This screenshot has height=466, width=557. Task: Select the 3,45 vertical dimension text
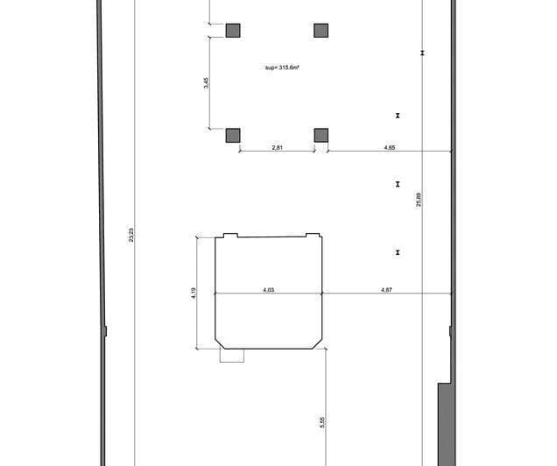[205, 83]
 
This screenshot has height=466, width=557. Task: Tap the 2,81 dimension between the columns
[277, 148]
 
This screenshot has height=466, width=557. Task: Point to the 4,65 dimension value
[390, 148]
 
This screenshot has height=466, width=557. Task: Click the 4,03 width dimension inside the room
[269, 289]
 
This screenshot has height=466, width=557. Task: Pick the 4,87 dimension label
[386, 289]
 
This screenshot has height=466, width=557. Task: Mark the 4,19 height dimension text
[194, 292]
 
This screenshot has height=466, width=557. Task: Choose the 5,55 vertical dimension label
[322, 422]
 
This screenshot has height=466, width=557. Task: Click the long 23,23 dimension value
[131, 235]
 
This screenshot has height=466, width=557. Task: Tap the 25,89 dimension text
[419, 200]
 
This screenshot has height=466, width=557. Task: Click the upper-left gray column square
[233, 31]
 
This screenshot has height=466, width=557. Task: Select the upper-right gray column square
[321, 31]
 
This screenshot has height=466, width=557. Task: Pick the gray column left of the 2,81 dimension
[233, 135]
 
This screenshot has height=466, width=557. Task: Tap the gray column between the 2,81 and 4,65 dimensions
[321, 135]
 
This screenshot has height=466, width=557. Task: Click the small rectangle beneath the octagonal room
[232, 355]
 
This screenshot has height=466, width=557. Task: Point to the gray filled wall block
[445, 425]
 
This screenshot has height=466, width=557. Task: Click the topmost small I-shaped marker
[422, 53]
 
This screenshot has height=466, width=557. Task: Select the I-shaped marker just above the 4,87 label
[398, 252]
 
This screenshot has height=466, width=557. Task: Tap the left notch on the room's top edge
[231, 235]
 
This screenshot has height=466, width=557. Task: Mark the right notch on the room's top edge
[312, 235]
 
